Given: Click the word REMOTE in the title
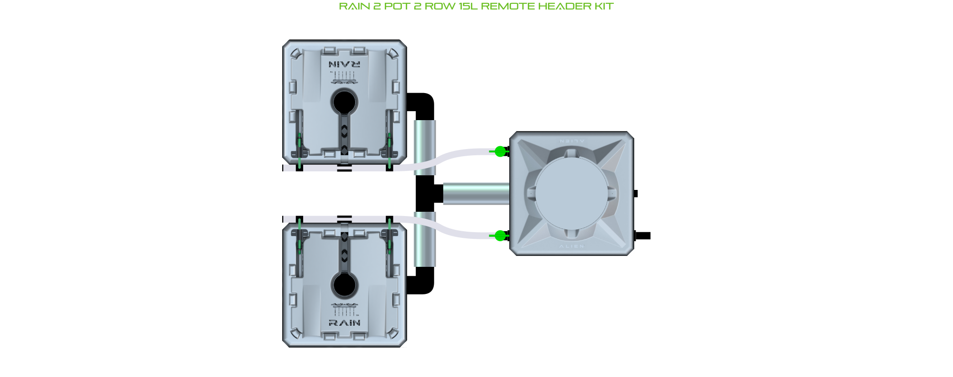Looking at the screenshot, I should click(x=508, y=6).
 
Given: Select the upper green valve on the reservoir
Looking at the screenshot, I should click(x=500, y=151).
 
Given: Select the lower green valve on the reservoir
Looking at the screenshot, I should click(x=500, y=236).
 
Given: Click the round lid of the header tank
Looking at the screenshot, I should click(x=572, y=194).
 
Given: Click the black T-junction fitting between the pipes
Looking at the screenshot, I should click(x=427, y=194).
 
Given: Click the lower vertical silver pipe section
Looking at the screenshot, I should click(x=424, y=240).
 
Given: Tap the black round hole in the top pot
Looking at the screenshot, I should click(x=344, y=102).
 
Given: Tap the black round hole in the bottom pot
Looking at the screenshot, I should click(x=344, y=285).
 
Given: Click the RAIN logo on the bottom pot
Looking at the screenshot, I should click(x=344, y=323).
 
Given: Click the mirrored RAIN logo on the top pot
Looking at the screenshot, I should click(x=344, y=64).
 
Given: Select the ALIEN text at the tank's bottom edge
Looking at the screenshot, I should click(x=572, y=246).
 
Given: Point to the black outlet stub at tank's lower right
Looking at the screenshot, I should click(x=643, y=236).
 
